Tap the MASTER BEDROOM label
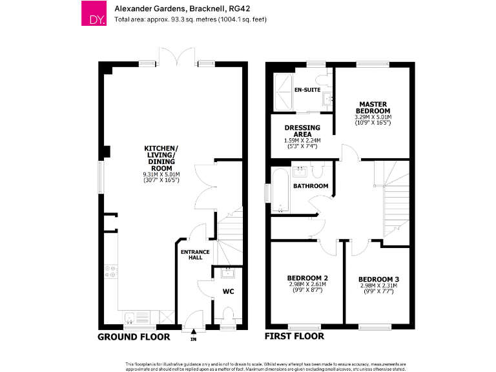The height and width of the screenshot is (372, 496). [373, 107]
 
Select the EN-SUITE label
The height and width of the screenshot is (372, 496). [307, 89]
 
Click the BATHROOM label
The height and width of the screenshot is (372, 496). [311, 186]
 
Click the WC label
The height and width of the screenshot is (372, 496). [228, 292]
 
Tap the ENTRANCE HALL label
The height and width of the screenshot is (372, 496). [191, 254]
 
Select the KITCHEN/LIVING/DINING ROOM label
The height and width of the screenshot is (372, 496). [161, 159]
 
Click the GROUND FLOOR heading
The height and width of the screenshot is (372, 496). [134, 336]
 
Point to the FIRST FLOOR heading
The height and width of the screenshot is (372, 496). [294, 336]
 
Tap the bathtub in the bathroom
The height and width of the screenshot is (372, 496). [281, 190]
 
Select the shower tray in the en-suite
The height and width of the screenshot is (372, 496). [283, 85]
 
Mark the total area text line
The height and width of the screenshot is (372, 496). [191, 19]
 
